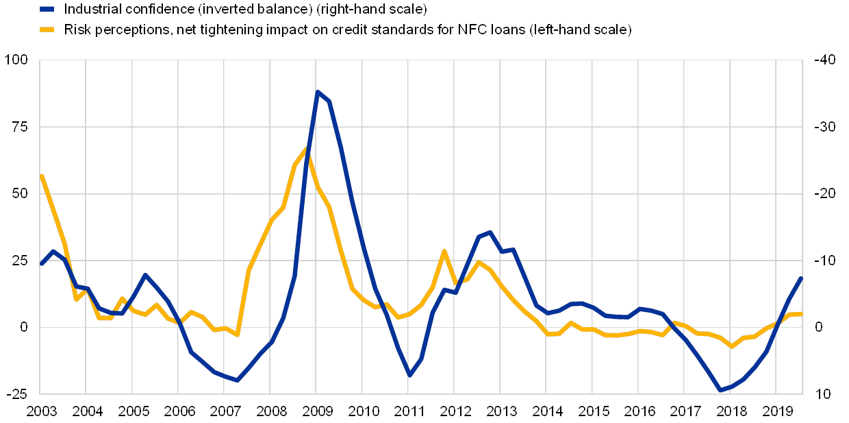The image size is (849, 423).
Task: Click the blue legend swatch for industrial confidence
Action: point(47,9)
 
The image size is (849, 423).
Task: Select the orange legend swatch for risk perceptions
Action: point(47,29)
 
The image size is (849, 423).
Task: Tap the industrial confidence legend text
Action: point(246,9)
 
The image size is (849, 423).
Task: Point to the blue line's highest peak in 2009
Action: point(318,91)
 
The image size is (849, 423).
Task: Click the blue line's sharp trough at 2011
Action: point(409,375)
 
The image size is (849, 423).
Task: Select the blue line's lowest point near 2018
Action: point(720,391)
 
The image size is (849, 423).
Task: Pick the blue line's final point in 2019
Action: point(801,278)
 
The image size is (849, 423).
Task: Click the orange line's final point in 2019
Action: point(801,313)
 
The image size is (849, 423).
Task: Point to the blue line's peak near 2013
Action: point(490,232)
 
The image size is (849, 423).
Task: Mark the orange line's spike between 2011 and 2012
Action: point(444,251)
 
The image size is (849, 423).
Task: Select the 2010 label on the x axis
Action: point(364,411)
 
